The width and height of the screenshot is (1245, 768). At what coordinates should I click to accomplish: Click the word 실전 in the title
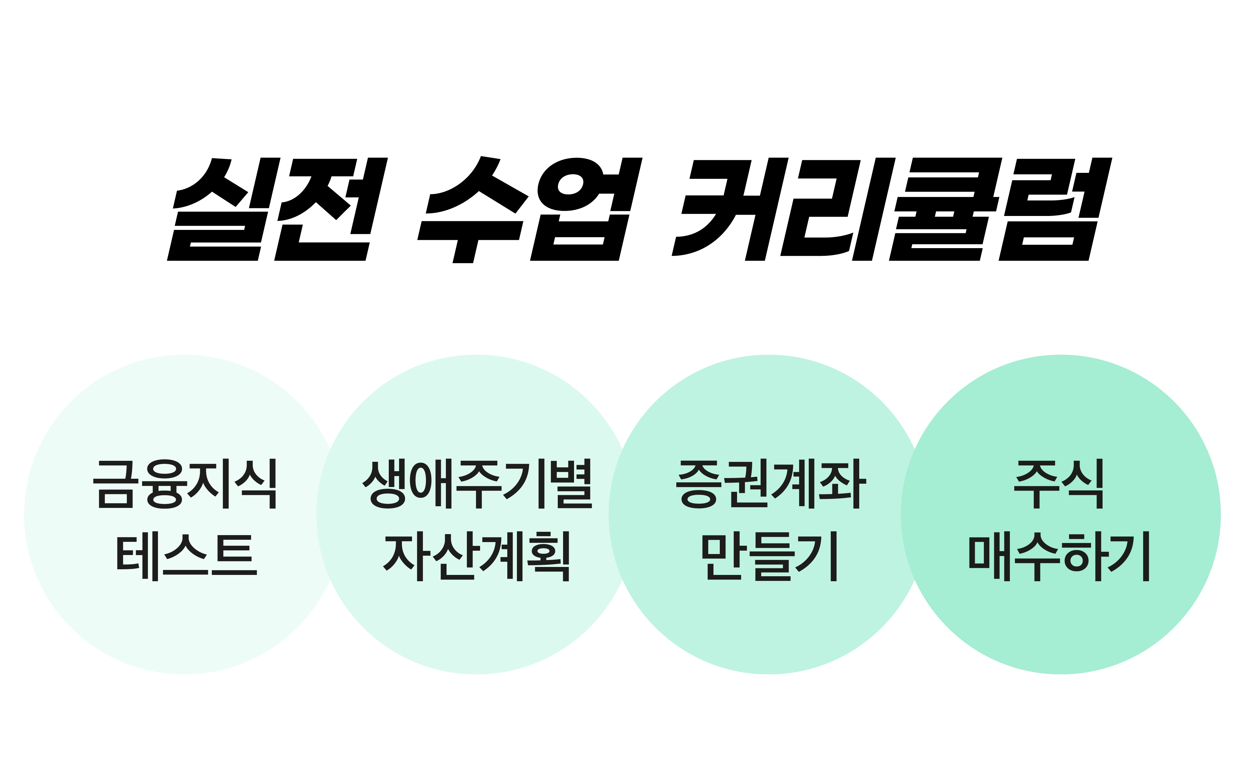coord(278,209)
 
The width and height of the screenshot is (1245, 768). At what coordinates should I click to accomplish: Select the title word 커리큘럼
coord(892,209)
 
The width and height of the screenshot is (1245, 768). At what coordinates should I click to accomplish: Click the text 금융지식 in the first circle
coord(185,484)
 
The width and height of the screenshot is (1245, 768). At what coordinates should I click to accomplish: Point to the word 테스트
coord(187,556)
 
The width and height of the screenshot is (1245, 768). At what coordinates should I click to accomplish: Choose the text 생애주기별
coord(477,484)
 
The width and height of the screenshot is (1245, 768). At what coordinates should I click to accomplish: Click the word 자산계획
coord(476,556)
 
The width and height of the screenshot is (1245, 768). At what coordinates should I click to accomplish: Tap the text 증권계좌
coord(771,484)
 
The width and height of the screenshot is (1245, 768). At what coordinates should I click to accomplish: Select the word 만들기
coord(769,556)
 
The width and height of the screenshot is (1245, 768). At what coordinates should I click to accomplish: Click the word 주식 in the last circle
coord(1058,484)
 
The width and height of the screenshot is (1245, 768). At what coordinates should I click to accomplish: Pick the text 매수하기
coord(1059,556)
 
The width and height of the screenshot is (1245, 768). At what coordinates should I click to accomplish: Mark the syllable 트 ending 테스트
coord(234,555)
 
